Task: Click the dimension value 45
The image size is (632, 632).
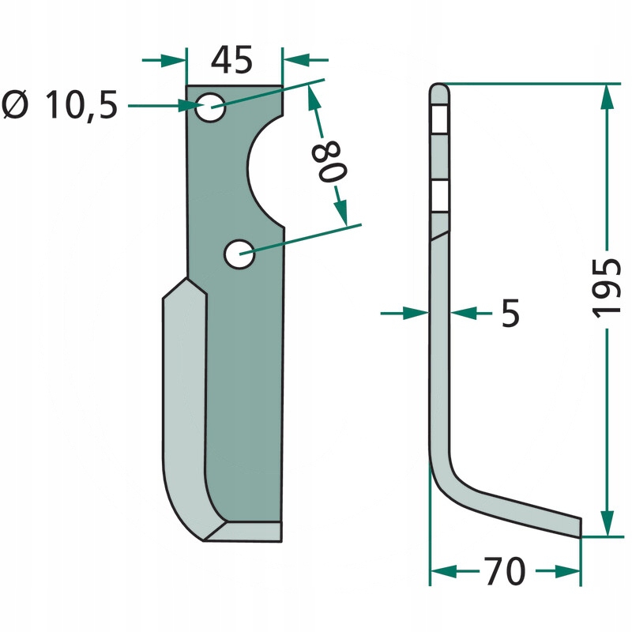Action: click(x=231, y=60)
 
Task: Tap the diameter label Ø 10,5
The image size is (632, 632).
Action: click(x=60, y=105)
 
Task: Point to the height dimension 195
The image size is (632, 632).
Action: click(x=606, y=288)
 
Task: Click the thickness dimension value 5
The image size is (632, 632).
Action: click(x=510, y=313)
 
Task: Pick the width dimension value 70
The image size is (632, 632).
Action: click(x=506, y=570)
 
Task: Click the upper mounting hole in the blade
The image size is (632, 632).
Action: click(x=210, y=107)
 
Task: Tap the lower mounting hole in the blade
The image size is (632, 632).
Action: click(x=239, y=254)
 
